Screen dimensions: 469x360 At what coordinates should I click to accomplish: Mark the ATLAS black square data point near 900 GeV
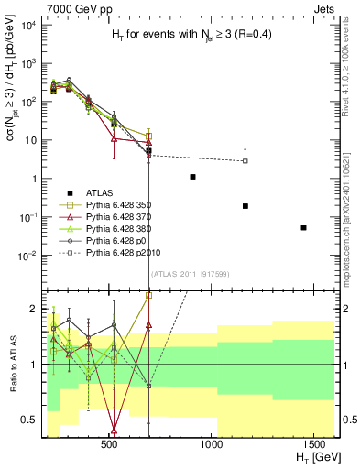[x=192, y=177]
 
